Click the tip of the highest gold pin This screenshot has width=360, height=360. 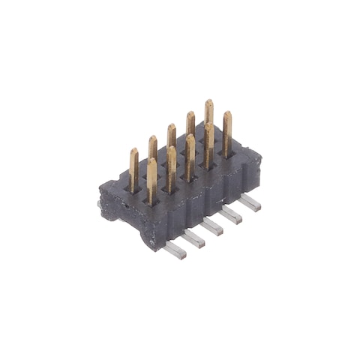point(208,103)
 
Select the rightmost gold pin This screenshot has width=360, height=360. point(227,131)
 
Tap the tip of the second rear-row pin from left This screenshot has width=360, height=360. point(153,139)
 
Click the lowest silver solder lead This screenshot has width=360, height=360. point(174,250)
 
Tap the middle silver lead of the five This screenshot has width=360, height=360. point(212,226)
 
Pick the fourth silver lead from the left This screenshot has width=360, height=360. point(231,214)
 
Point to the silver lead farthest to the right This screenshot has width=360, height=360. point(250,202)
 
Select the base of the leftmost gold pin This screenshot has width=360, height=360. point(133,187)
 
